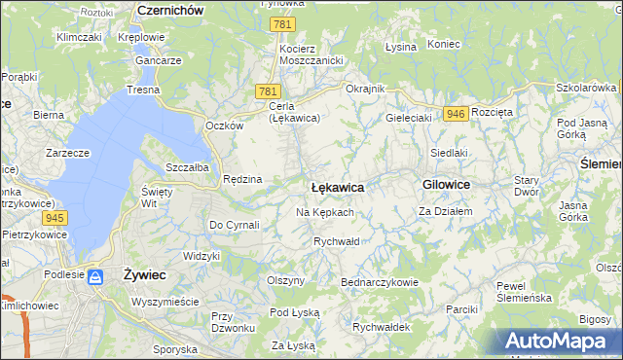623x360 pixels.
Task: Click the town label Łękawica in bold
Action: coord(337,186)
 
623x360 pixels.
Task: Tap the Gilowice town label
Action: coord(447,184)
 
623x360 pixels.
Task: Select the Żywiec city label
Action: coord(145,275)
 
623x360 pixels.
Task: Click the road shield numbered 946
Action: coord(455,114)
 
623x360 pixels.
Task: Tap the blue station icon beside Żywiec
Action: coord(95,277)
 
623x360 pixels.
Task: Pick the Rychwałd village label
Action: coord(337,240)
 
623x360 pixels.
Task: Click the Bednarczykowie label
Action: coord(379,282)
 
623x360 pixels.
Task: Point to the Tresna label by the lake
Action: coord(142,90)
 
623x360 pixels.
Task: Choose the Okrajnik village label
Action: coord(366,89)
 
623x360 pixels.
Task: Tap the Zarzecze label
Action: coord(67,153)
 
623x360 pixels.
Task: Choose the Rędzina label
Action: coord(242,179)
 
